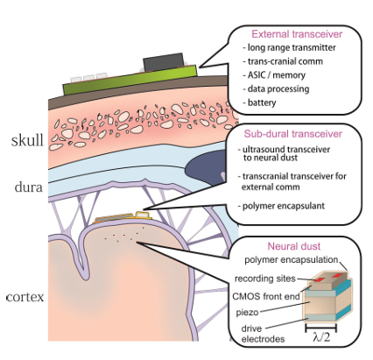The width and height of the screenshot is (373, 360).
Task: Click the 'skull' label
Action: click(x=27, y=140)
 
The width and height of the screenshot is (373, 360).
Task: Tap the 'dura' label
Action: click(x=29, y=187)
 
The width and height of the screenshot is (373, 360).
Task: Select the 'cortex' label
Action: click(x=25, y=297)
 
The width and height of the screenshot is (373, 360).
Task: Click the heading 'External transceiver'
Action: click(x=297, y=34)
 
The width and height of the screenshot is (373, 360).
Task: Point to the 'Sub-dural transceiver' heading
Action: click(x=292, y=134)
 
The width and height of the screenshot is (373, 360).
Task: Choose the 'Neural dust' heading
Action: click(x=294, y=246)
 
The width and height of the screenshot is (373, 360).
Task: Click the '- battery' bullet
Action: click(x=259, y=102)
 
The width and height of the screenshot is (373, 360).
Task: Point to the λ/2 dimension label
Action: click(x=321, y=337)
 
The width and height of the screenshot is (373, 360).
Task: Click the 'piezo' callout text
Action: click(x=248, y=313)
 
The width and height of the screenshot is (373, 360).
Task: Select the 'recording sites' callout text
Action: click(x=265, y=279)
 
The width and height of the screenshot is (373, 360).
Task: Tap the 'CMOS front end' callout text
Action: click(x=266, y=296)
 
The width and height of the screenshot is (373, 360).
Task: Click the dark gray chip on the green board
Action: click(x=163, y=61)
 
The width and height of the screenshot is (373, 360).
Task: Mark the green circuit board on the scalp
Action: click(x=130, y=80)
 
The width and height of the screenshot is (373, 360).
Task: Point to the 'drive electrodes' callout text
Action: click(x=263, y=334)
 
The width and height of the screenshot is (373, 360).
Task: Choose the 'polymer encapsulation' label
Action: click(x=292, y=259)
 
